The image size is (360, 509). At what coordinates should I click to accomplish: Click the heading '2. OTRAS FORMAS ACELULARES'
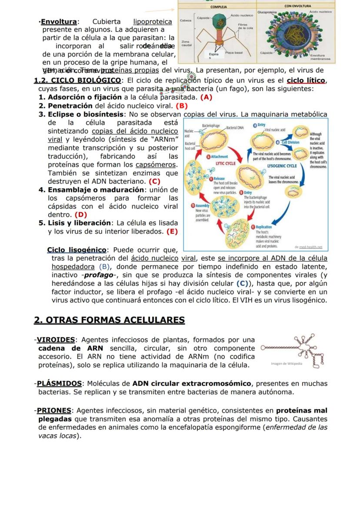click(109, 320)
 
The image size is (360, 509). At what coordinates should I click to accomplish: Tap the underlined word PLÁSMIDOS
click(59, 383)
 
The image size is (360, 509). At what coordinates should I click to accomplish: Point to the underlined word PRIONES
click(54, 411)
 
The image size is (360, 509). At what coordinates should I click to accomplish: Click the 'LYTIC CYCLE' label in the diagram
click(226, 163)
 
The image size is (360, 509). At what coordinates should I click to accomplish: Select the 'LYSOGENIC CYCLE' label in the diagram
click(282, 166)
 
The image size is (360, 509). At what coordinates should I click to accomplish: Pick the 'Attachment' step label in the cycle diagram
click(220, 156)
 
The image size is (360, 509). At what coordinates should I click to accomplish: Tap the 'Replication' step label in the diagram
click(263, 227)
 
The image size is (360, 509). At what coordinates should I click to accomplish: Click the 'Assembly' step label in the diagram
click(203, 206)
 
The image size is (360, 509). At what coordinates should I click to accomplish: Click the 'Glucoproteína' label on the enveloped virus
click(267, 13)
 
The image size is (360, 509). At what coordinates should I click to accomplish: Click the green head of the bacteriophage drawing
click(223, 20)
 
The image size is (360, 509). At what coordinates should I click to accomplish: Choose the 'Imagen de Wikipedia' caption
click(286, 363)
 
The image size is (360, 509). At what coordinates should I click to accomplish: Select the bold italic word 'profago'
click(99, 275)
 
